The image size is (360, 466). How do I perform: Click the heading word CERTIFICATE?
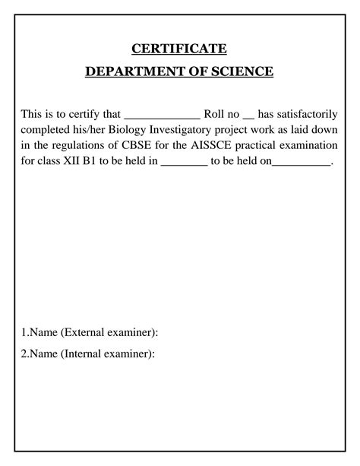tap(180, 49)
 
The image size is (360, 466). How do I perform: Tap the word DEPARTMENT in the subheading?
tap(127, 72)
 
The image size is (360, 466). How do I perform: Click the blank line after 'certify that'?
tap(161, 116)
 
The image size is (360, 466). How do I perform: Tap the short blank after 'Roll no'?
tap(248, 116)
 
